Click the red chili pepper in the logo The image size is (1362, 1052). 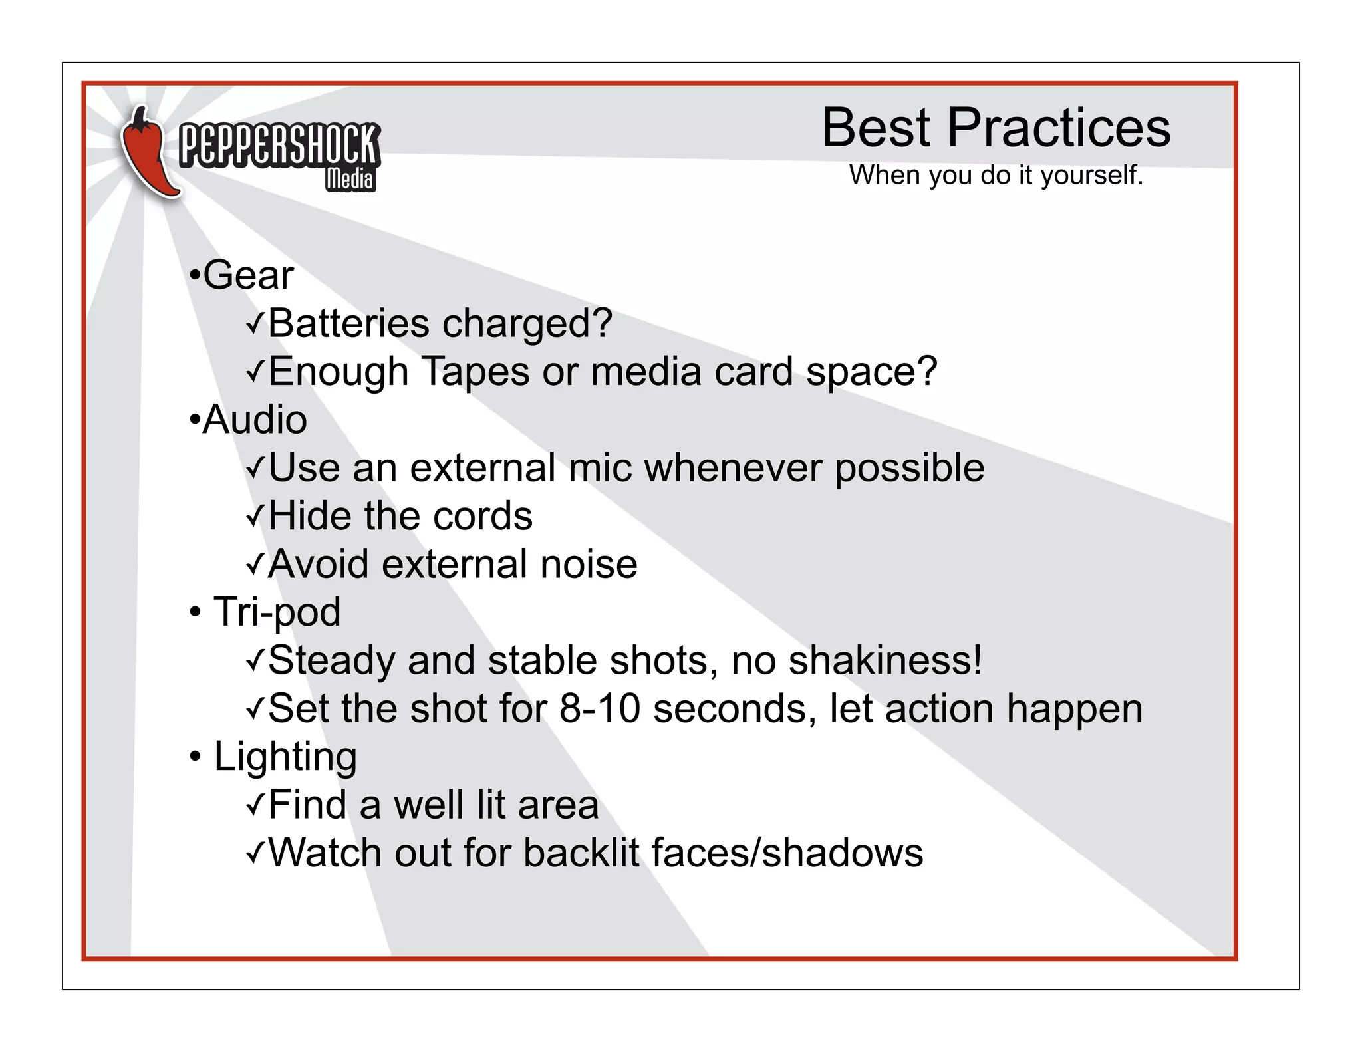point(148,156)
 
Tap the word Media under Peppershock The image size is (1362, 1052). point(350,179)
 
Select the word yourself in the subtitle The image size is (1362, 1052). point(1091,176)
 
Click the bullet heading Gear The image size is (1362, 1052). point(247,275)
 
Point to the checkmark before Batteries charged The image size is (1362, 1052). point(255,325)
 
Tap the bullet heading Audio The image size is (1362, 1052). point(254,420)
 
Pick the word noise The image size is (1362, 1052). point(589,565)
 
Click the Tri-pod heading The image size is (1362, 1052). point(277,612)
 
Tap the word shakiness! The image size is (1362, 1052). point(885,660)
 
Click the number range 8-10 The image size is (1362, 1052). point(600,708)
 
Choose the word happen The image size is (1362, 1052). point(1075,710)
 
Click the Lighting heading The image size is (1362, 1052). point(285,757)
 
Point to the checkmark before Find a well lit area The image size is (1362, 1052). point(255,805)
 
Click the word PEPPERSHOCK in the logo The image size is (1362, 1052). point(279,144)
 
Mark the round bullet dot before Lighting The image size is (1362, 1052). point(195,757)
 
